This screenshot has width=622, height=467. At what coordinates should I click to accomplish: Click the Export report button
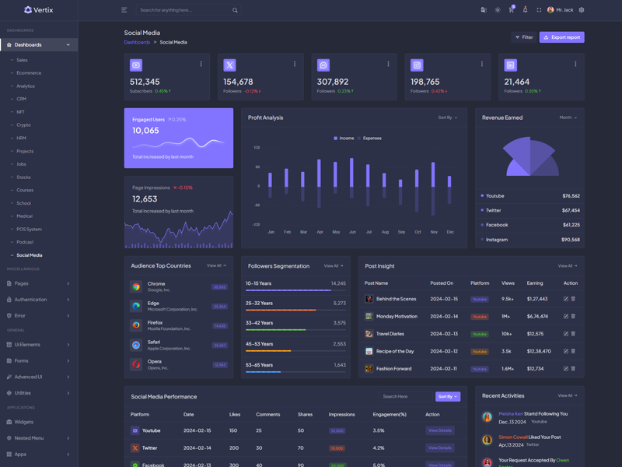tap(562, 37)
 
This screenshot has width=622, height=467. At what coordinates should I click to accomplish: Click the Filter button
tap(524, 37)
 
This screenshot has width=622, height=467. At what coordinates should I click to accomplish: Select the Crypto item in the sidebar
tap(24, 125)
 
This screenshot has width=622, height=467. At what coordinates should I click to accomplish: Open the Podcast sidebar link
tap(26, 242)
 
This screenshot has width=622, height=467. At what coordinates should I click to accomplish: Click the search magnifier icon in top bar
tap(235, 10)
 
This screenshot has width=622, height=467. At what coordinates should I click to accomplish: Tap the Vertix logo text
tap(44, 10)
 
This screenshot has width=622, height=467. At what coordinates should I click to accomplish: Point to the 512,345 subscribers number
tap(145, 82)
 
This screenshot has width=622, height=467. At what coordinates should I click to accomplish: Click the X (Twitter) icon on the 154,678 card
tap(229, 65)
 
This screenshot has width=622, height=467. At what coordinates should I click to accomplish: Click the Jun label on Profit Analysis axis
tap(352, 232)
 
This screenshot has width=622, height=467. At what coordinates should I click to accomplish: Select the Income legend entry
tap(344, 139)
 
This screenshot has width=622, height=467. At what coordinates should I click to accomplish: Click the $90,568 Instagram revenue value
tap(570, 240)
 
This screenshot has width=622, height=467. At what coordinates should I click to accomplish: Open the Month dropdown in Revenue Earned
tap(568, 118)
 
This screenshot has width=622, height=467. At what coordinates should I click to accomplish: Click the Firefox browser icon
tap(136, 325)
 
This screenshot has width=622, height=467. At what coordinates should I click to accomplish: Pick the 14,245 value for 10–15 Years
tap(338, 283)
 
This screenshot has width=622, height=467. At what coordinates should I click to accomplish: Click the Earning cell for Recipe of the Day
tap(539, 351)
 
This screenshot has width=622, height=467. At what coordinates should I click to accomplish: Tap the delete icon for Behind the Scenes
tap(573, 299)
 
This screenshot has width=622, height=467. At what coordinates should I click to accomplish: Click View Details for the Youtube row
tap(439, 430)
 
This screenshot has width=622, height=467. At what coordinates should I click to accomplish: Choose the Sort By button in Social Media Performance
tap(447, 396)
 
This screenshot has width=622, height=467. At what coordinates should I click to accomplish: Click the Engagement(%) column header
tap(390, 414)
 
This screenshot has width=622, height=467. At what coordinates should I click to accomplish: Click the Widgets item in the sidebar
tap(24, 422)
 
